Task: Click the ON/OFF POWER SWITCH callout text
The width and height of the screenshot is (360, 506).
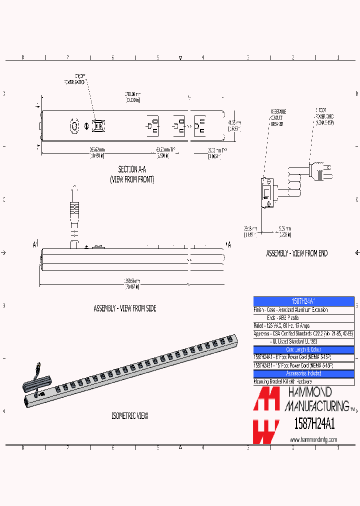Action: point(75,78)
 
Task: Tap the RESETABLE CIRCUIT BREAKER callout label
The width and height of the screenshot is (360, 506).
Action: point(278,117)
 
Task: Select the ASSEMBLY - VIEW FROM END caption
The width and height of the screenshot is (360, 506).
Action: point(296,253)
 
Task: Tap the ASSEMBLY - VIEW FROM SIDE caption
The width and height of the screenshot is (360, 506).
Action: point(125,308)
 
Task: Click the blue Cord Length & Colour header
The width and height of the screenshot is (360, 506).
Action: point(303,349)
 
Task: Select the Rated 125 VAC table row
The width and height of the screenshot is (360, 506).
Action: point(303,325)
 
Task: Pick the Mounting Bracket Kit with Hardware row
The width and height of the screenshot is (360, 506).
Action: point(303,381)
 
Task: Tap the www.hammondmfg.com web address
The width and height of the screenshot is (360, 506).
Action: point(313,439)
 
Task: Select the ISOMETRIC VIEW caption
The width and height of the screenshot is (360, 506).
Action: point(129,416)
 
